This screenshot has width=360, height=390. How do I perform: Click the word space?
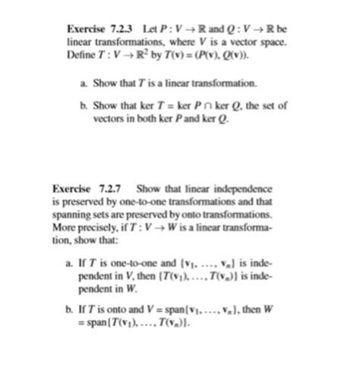(273, 43)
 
